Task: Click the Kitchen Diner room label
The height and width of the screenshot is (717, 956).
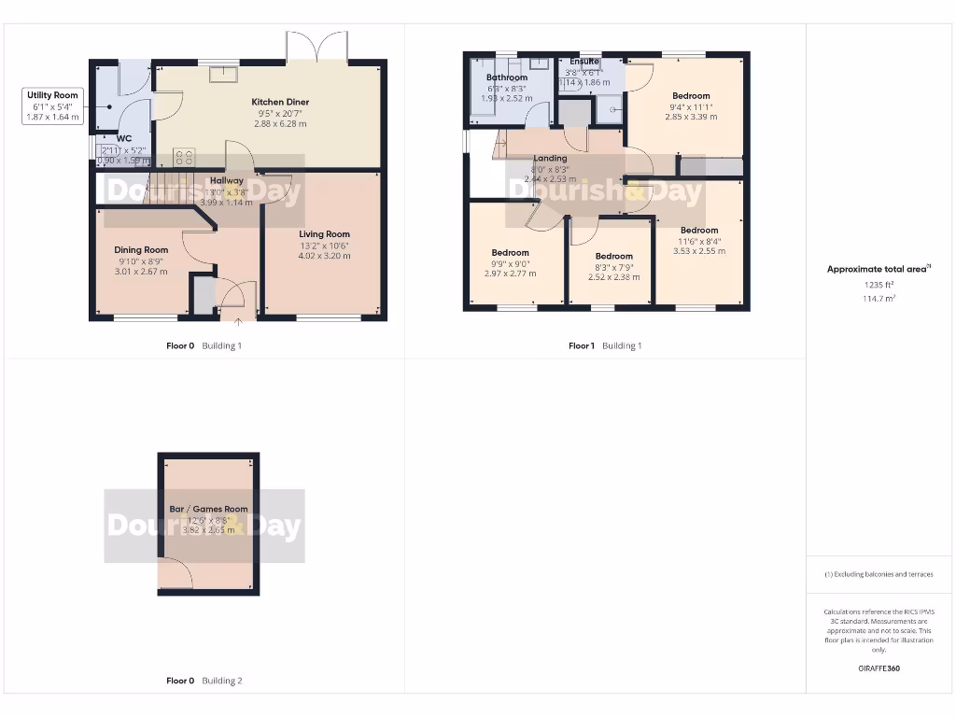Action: click(x=280, y=102)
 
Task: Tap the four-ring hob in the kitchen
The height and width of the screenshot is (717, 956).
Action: click(x=184, y=158)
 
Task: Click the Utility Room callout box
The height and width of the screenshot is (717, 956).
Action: click(x=53, y=106)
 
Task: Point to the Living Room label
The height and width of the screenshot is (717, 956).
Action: click(x=324, y=234)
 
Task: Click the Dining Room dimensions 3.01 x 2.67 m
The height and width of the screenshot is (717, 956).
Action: click(x=141, y=272)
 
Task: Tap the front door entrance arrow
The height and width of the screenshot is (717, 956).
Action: click(x=237, y=322)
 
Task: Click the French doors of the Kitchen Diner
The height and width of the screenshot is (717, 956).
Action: click(x=317, y=48)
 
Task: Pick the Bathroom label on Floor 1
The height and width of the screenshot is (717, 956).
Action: click(x=506, y=77)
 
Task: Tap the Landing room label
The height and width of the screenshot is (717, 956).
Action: click(x=550, y=158)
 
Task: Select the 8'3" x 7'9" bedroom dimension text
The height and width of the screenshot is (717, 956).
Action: click(x=613, y=267)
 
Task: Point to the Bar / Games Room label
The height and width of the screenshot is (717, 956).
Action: click(x=208, y=509)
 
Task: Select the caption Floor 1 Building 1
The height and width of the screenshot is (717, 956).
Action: click(x=605, y=345)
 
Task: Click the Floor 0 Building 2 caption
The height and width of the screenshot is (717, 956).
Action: click(x=204, y=681)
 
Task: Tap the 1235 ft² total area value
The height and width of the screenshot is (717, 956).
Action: click(x=879, y=285)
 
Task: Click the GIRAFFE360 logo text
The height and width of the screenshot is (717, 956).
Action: click(x=879, y=668)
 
